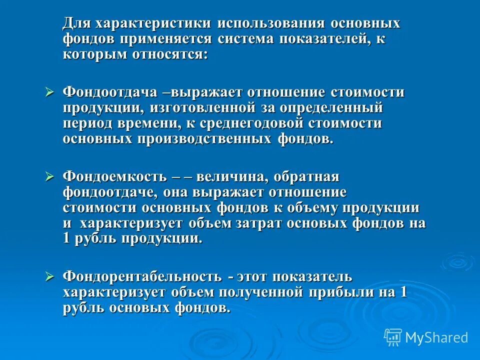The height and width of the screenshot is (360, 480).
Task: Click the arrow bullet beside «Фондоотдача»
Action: coord(49,92)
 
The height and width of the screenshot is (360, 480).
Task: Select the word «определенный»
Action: coord(341,108)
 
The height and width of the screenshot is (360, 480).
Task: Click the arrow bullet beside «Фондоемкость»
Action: coord(49,176)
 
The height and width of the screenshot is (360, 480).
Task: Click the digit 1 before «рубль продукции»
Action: coord(67,239)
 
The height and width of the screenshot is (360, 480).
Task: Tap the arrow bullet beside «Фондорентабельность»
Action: coord(49,275)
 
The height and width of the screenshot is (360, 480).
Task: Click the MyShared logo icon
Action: coord(393,337)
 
